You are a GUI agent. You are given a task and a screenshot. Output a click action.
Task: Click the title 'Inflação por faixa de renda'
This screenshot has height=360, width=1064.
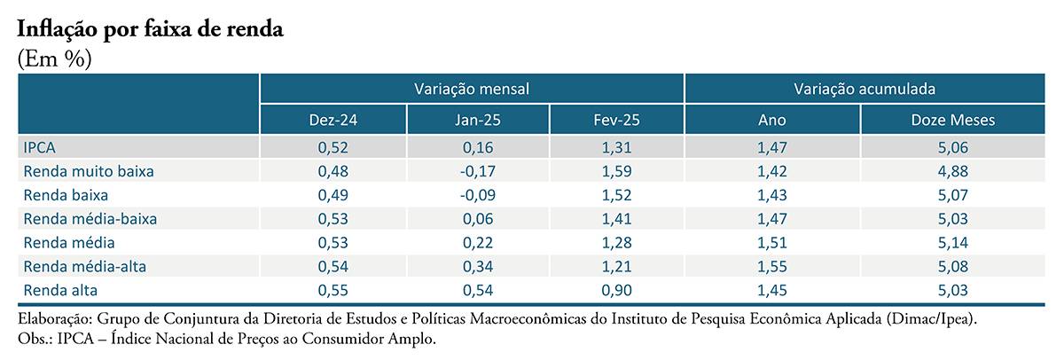pyautogui.click(x=150, y=29)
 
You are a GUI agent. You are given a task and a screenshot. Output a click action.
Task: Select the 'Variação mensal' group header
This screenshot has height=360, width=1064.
pyautogui.click(x=472, y=89)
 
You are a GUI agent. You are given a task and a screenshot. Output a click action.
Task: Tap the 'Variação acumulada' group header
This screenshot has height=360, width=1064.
pyautogui.click(x=864, y=89)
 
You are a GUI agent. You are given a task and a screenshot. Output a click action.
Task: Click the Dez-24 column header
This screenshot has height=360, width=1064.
pyautogui.click(x=333, y=120)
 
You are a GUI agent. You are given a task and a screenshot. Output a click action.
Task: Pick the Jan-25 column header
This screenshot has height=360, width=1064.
pyautogui.click(x=477, y=120)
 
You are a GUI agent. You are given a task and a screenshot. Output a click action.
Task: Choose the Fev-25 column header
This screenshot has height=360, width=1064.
pyautogui.click(x=616, y=120)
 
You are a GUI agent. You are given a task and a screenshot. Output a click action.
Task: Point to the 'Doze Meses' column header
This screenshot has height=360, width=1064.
pyautogui.click(x=953, y=120)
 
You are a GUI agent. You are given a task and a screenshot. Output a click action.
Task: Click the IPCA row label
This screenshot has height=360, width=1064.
pyautogui.click(x=39, y=147)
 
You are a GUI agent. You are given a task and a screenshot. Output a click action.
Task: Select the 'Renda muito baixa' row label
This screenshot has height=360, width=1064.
pyautogui.click(x=89, y=171)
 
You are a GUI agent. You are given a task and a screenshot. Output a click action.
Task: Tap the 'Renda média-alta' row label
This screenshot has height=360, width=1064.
pyautogui.click(x=85, y=266)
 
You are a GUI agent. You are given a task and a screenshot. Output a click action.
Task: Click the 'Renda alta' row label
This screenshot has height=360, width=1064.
pyautogui.click(x=60, y=290)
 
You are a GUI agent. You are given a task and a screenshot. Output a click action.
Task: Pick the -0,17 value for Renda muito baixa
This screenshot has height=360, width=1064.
pyautogui.click(x=477, y=171)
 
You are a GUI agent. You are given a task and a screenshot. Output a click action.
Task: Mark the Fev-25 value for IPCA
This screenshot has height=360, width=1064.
pyautogui.click(x=616, y=147)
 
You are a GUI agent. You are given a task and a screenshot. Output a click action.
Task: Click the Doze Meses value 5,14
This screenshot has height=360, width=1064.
pyautogui.click(x=953, y=243)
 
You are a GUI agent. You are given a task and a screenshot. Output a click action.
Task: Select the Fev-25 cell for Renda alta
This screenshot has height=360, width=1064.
pyautogui.click(x=616, y=290)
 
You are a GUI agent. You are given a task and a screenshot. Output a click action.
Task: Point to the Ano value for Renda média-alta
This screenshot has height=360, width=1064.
pyautogui.click(x=772, y=266)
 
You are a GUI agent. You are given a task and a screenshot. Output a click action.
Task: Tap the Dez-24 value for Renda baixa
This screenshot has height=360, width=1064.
pyautogui.click(x=333, y=195)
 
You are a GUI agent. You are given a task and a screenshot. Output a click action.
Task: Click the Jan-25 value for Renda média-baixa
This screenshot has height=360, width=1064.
pyautogui.click(x=477, y=218)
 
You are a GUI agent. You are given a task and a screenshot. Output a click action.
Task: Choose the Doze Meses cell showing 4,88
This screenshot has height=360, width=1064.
pyautogui.click(x=953, y=171)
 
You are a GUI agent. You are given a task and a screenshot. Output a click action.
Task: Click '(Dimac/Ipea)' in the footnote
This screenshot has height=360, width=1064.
pyautogui.click(x=932, y=318)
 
